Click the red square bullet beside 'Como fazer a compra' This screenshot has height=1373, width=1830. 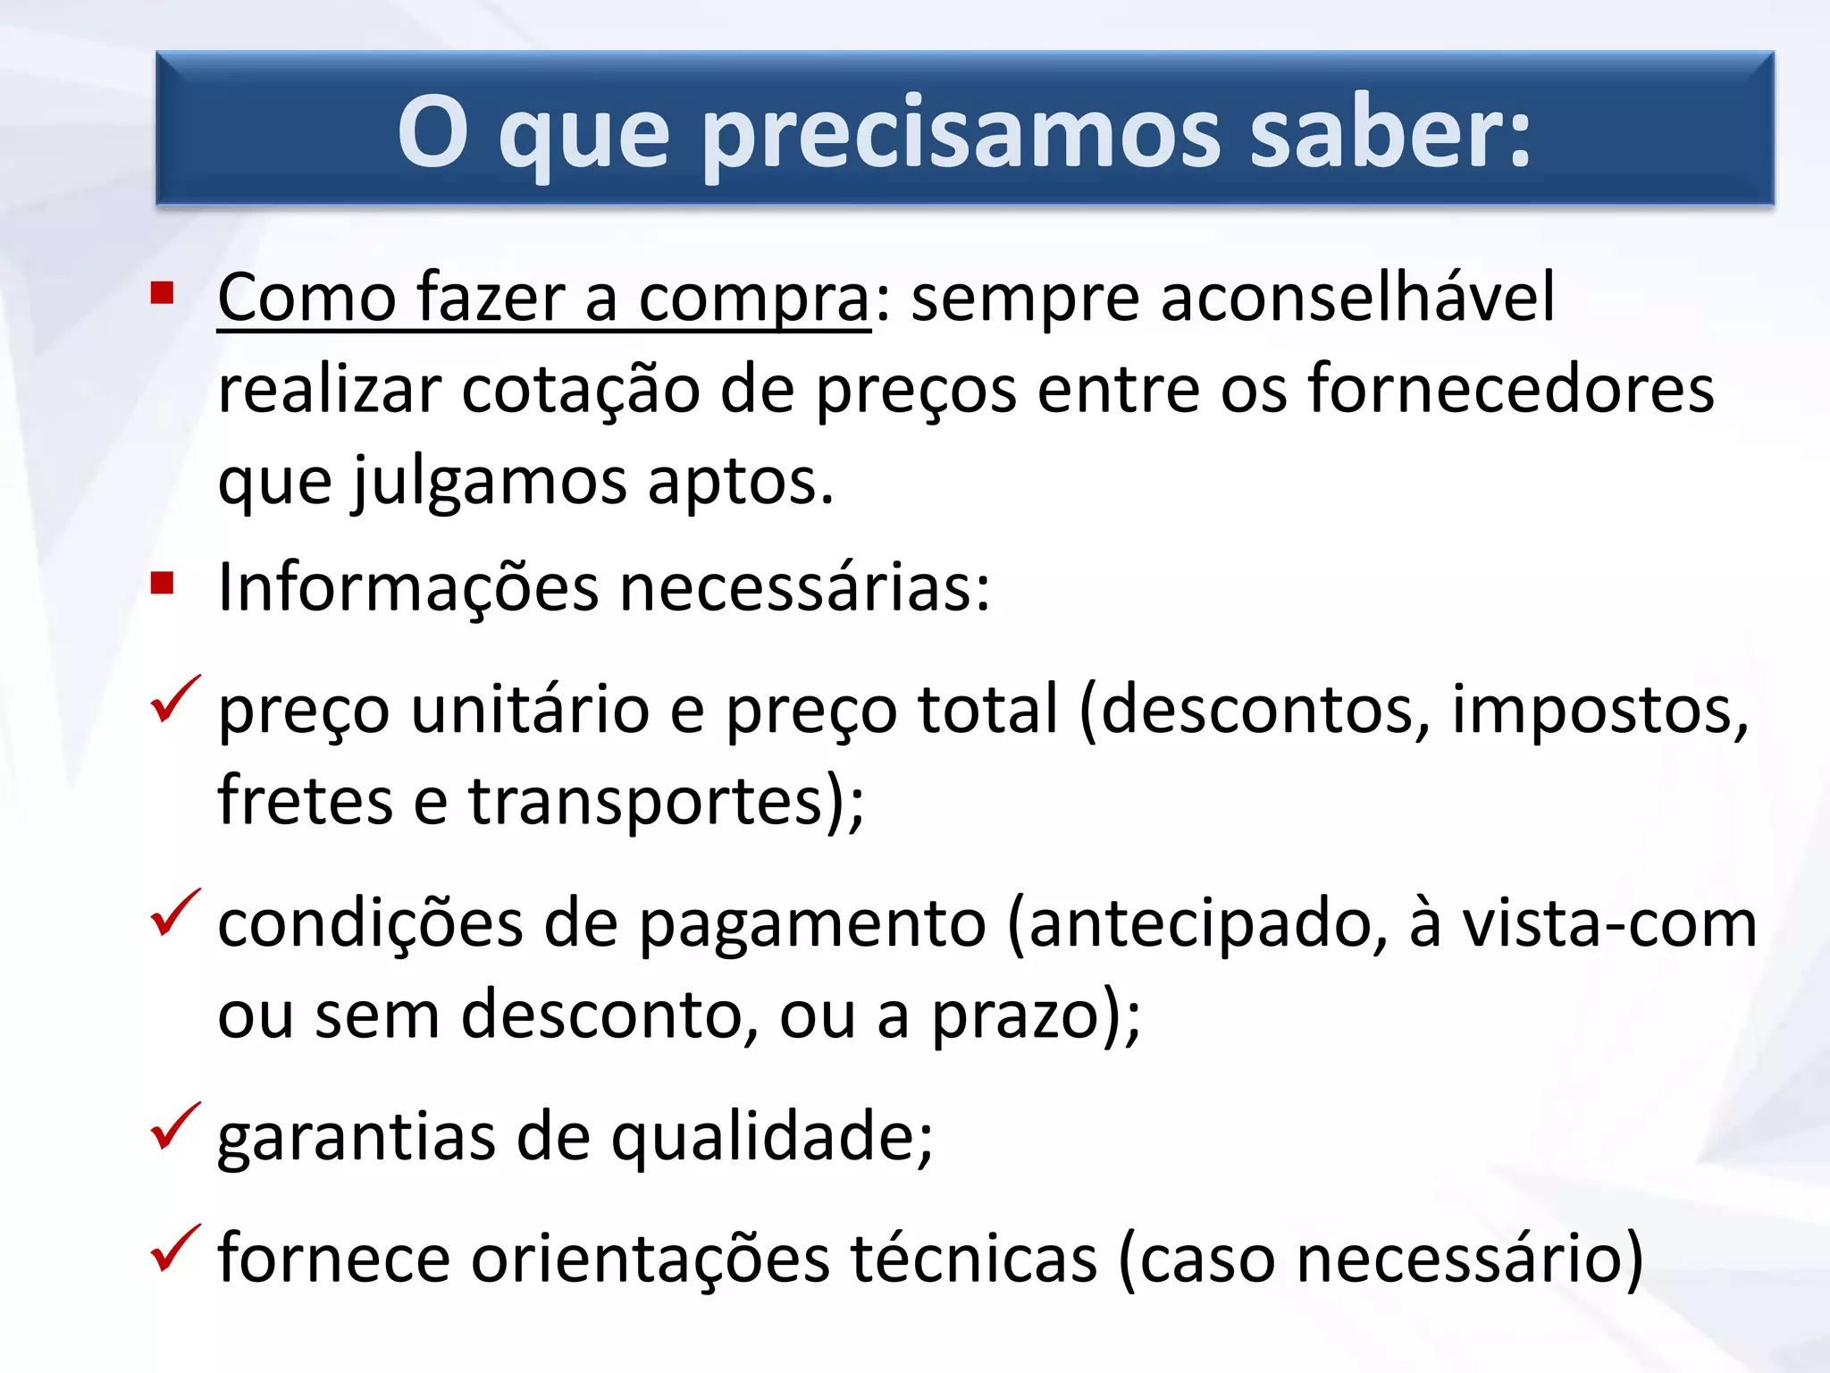tap(162, 293)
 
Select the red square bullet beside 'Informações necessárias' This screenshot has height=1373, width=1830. tap(162, 584)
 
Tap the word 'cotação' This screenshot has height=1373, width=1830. tap(580, 390)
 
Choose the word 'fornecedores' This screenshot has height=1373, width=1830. tap(1511, 390)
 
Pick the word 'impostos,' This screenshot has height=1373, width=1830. tap(1599, 711)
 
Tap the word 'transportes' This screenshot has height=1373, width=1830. tap(644, 801)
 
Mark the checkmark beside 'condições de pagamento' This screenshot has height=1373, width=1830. tap(174, 914)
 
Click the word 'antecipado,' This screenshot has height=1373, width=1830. tap(1197, 925)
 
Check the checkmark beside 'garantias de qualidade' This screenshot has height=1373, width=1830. tap(174, 1126)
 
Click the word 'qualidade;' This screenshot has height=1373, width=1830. tap(772, 1139)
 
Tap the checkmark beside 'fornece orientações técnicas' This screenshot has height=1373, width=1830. tap(174, 1249)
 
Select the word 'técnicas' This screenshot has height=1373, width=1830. tap(973, 1259)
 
